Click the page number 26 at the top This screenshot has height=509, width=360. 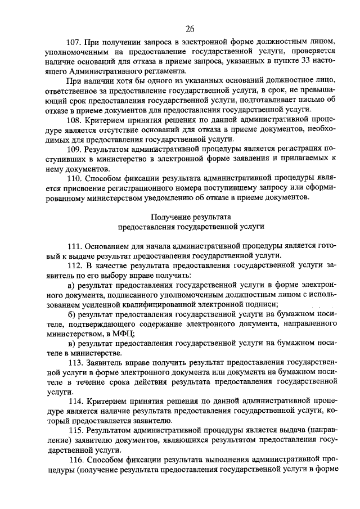click(189, 29)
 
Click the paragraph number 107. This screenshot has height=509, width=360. click(74, 42)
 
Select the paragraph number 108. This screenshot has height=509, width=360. click(74, 120)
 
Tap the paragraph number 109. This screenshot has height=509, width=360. click(74, 150)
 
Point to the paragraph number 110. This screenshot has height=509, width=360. click(74, 179)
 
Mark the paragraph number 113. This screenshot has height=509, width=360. click(76, 362)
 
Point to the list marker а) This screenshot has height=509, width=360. click(70, 285)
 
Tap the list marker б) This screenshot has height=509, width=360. click(70, 314)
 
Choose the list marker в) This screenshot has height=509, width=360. click(70, 343)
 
